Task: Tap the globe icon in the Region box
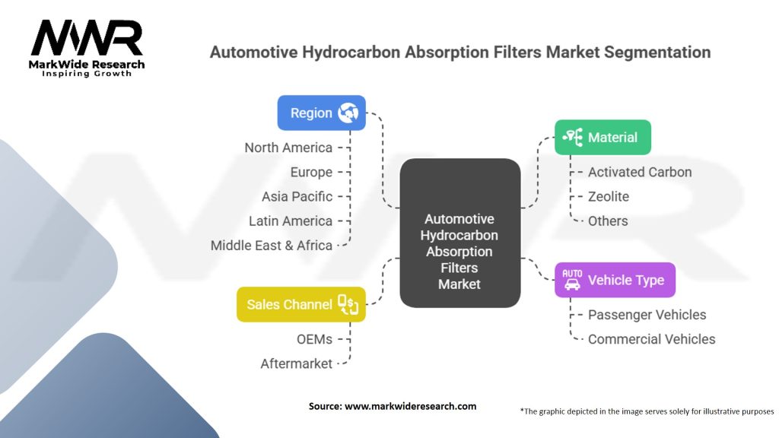coord(348,113)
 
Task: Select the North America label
coord(288,148)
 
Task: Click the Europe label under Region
coord(311,172)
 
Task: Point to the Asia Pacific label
coord(297,196)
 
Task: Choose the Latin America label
coord(291,221)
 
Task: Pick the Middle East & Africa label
coord(272,245)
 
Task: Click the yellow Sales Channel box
coord(301,304)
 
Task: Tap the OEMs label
coord(314,339)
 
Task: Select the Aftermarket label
coord(296,363)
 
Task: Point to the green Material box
coord(603,138)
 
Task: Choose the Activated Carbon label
coord(640,172)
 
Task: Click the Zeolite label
coord(609,196)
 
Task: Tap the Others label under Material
coord(608,221)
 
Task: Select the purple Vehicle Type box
coord(615,280)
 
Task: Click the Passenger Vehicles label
coord(647,315)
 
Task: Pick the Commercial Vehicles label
coord(651,339)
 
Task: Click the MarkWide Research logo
coord(87,46)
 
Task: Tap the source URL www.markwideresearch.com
coord(410,406)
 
